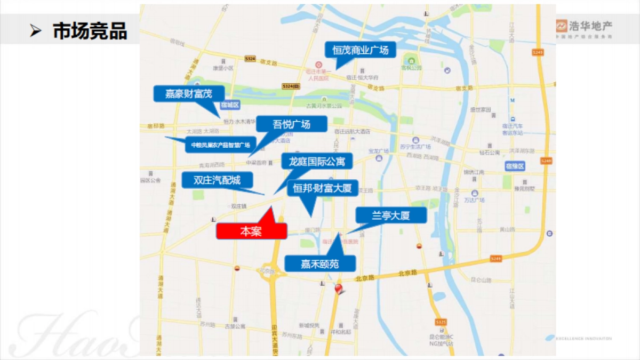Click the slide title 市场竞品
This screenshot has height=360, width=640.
pyautogui.click(x=90, y=31)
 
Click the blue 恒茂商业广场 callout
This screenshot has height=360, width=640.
pyautogui.click(x=361, y=50)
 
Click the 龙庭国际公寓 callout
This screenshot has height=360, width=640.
pyautogui.click(x=317, y=161)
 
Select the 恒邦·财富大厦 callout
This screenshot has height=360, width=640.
pyautogui.click(x=322, y=188)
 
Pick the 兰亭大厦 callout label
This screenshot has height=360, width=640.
pyautogui.click(x=391, y=215)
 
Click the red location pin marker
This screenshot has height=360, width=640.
pyautogui.click(x=338, y=289)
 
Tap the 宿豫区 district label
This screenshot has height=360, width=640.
pyautogui.click(x=515, y=167)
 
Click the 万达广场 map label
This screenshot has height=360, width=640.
pyautogui.click(x=474, y=200)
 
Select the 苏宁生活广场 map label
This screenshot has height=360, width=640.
pyautogui.click(x=414, y=146)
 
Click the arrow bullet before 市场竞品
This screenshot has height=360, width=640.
pyautogui.click(x=36, y=31)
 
